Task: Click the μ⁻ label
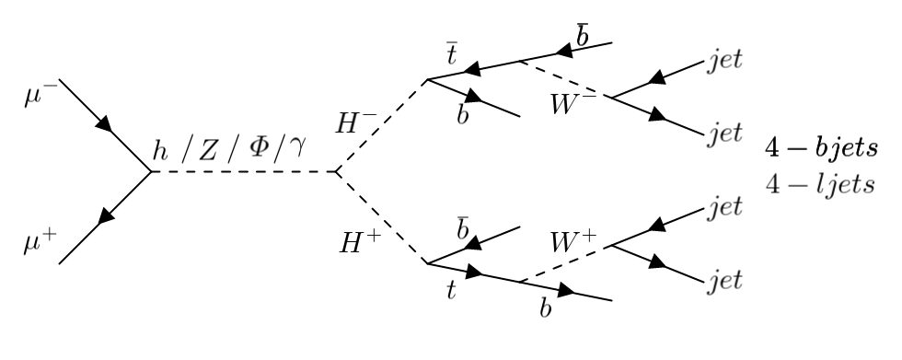tap(38, 96)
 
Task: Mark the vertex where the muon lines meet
tap(152, 172)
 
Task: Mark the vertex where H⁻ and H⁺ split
tap(336, 172)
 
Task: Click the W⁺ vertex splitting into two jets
tap(612, 245)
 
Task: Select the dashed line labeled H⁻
tap(382, 125)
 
